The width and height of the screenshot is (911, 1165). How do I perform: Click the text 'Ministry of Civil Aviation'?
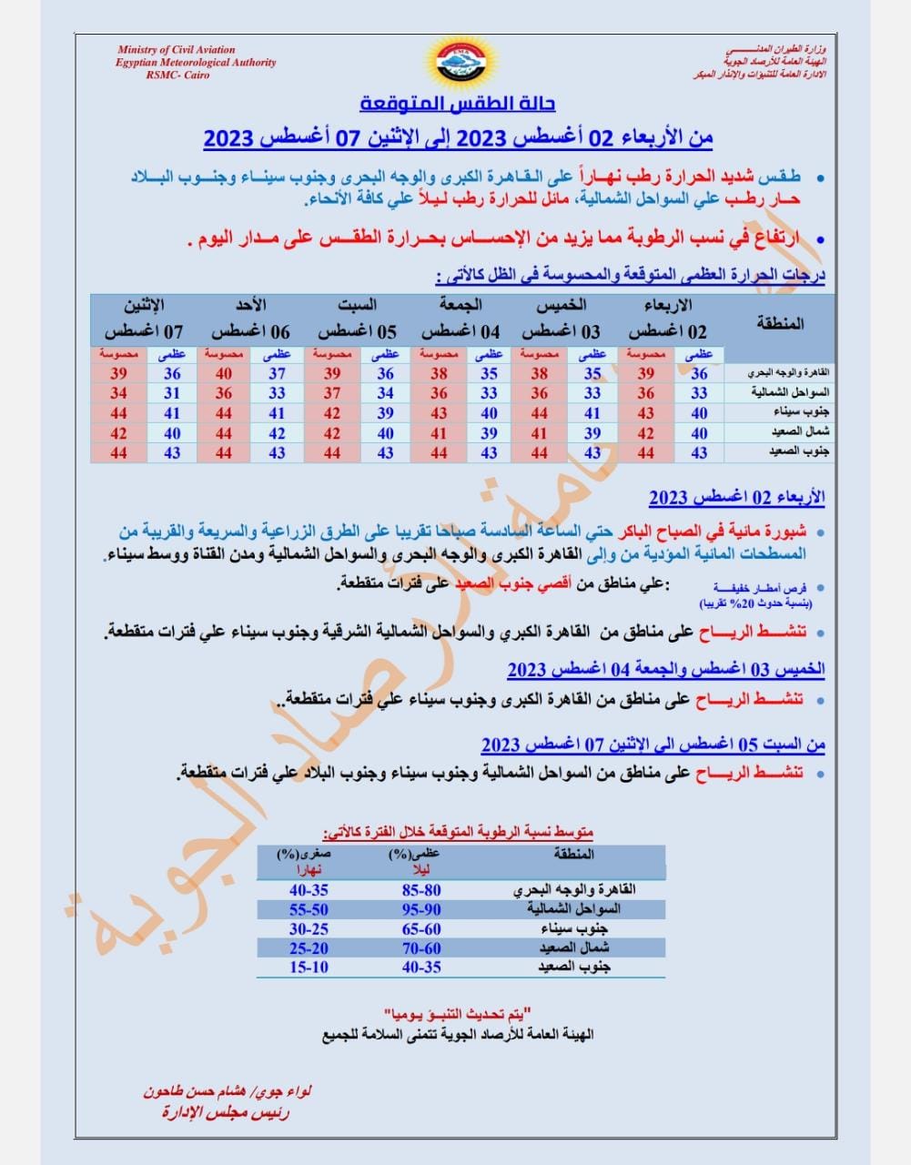(x=176, y=50)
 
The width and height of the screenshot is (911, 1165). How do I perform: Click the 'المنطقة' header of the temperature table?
(x=781, y=323)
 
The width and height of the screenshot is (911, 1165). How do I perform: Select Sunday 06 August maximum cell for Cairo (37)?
(x=277, y=373)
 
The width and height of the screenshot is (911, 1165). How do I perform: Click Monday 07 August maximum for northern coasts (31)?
(x=172, y=393)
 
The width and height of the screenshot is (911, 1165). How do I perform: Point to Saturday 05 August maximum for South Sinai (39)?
(x=386, y=413)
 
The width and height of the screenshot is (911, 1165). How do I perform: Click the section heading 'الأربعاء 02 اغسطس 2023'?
(x=736, y=497)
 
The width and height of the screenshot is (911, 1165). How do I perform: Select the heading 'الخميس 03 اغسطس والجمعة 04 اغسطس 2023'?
(x=666, y=670)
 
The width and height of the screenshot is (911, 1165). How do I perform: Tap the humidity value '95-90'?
(x=421, y=909)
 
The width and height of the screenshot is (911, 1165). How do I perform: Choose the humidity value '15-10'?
(x=309, y=967)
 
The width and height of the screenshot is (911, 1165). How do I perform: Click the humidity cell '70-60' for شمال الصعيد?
(x=421, y=947)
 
